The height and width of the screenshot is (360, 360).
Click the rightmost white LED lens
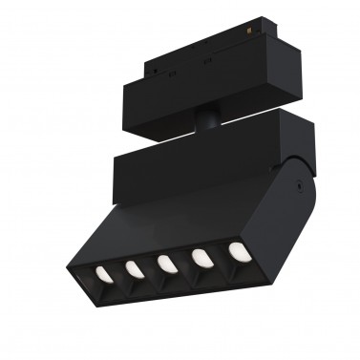(235, 253)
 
